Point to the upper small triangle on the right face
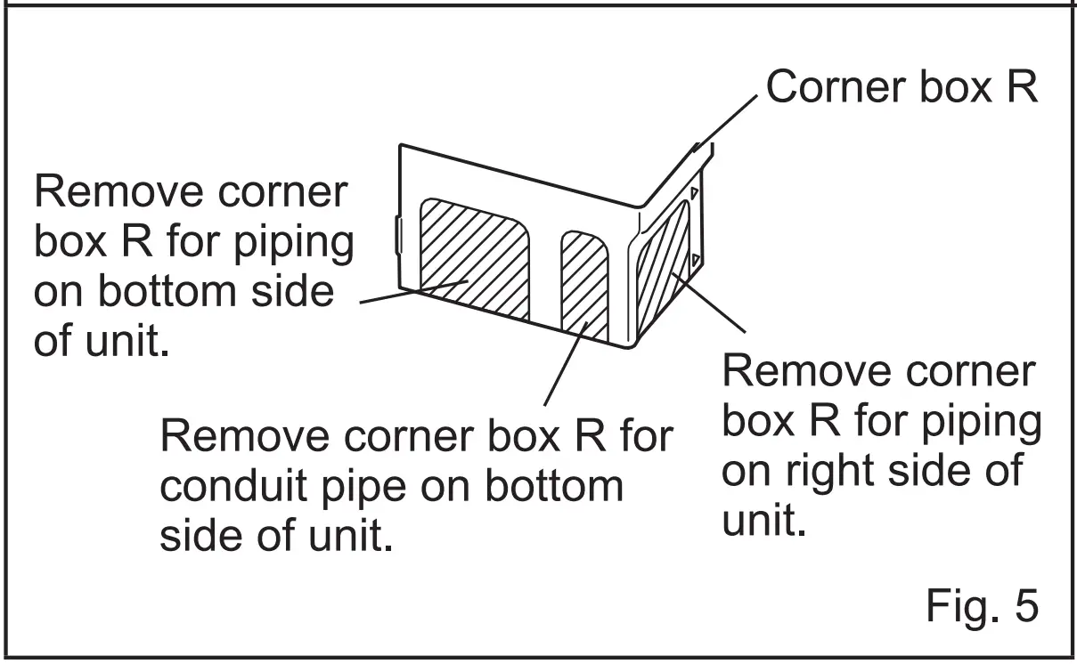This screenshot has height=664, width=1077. click(694, 191)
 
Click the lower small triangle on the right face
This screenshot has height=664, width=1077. click(693, 260)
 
